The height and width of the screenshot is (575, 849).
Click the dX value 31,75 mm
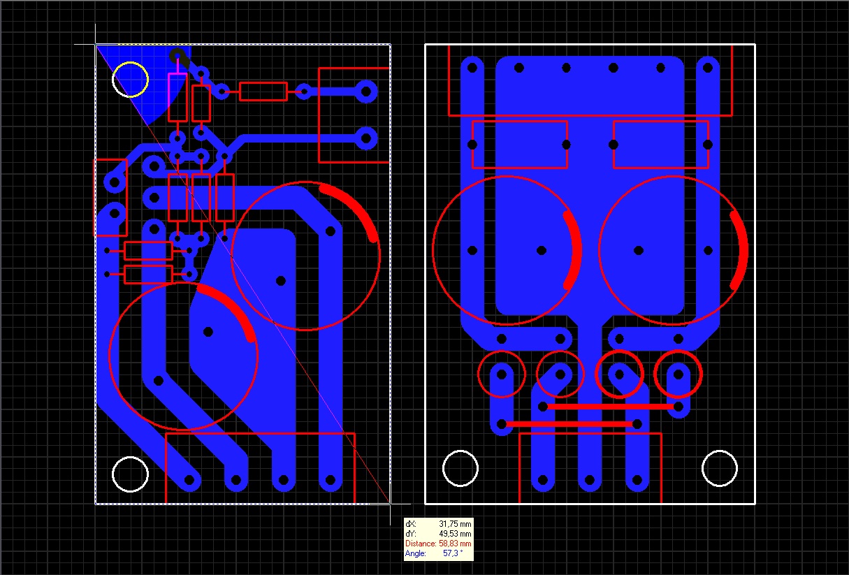pos(455,524)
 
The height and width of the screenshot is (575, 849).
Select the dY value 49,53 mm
pos(455,534)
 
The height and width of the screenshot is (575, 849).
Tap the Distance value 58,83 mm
pos(455,544)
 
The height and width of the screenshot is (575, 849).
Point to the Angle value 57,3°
pos(453,553)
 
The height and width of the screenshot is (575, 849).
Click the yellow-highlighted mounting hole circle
pos(131,80)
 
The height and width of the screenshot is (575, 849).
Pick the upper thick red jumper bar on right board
pos(611,407)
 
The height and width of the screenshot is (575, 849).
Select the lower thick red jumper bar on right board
pos(569,424)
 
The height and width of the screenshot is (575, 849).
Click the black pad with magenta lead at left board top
pos(177,57)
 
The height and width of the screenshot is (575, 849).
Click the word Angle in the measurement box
pos(415,553)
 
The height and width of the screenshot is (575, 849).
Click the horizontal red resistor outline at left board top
pos(263,82)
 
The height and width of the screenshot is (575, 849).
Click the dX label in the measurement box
pos(410,524)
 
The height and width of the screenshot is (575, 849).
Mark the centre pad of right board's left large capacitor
pos(542,250)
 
